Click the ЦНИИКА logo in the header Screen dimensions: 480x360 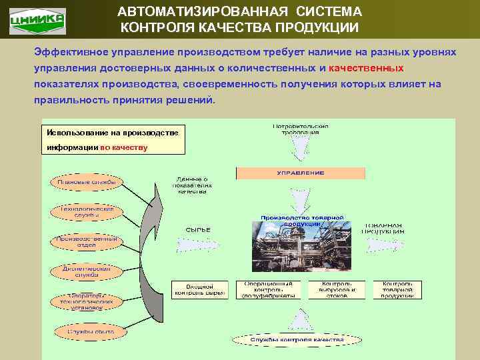point(37,19)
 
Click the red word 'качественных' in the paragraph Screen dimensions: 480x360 point(366,68)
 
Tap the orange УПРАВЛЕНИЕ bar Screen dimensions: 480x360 point(301,173)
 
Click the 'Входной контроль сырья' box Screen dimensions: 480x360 point(200,289)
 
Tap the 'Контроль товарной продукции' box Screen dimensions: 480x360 point(397,289)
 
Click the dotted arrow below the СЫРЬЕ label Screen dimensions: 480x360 point(198,245)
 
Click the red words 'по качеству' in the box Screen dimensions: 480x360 point(124,147)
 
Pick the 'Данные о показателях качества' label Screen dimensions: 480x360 point(191,185)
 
